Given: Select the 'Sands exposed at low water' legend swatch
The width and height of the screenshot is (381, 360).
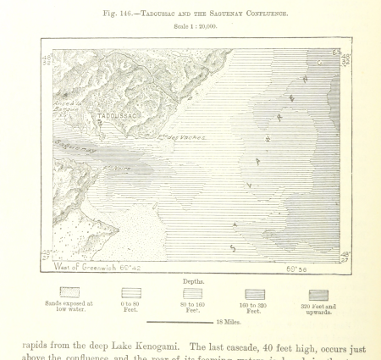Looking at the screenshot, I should [69, 292].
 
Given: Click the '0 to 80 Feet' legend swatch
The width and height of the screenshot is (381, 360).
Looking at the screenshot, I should [130, 292].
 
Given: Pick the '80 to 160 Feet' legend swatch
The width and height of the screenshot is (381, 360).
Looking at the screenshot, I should [192, 292].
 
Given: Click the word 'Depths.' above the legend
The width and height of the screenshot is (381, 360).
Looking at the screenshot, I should [193, 280].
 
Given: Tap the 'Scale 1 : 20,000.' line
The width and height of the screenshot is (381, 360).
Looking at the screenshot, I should [195, 26].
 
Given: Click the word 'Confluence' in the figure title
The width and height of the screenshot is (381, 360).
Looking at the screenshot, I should [262, 14].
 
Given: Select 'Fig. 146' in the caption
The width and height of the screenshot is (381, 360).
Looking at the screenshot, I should [115, 14].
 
